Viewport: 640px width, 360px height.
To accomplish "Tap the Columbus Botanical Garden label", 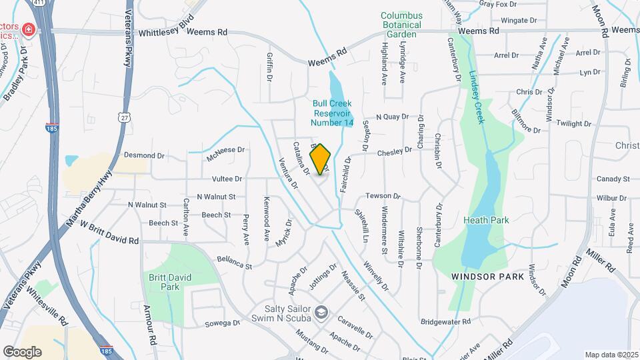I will pyautogui.click(x=401, y=25).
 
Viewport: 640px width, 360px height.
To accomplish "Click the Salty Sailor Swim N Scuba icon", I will pyautogui.click(x=321, y=312).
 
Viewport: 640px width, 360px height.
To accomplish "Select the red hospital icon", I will pyautogui.click(x=27, y=29).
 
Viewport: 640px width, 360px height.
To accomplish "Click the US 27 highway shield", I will pyautogui.click(x=125, y=117).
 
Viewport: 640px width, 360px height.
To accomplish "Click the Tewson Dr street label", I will pyautogui.click(x=382, y=197).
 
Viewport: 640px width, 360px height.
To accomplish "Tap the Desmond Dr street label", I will pyautogui.click(x=144, y=155).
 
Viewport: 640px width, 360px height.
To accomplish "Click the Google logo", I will pyautogui.click(x=22, y=351).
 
